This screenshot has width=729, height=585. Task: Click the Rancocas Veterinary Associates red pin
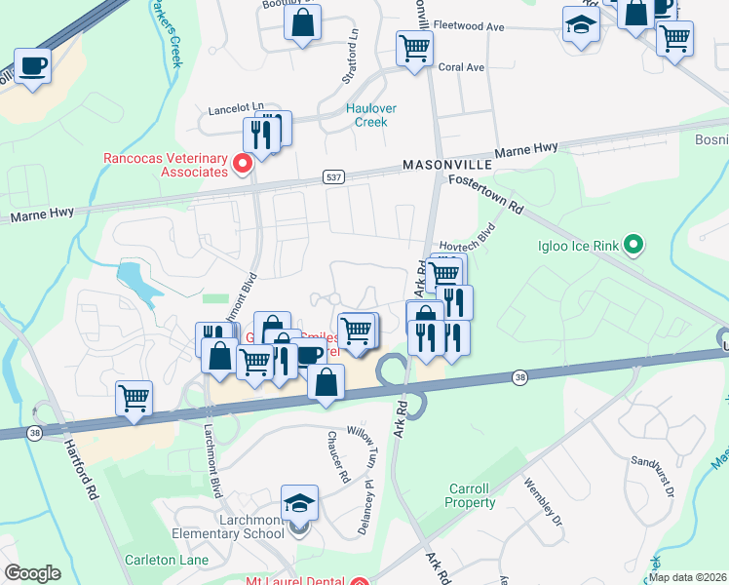[x=243, y=163]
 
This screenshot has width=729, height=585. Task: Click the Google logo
[x=32, y=572]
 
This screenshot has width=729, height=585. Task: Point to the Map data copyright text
[x=687, y=577]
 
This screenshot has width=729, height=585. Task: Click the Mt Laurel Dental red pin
[x=360, y=582]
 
